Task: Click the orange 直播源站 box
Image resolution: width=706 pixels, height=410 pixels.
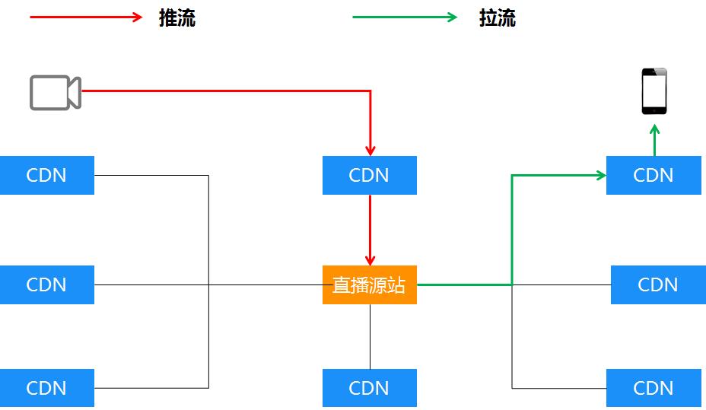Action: click(370, 284)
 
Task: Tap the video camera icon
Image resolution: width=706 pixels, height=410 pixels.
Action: click(56, 92)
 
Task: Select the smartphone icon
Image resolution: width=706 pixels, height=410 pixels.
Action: click(654, 91)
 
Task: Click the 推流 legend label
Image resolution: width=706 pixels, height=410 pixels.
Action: click(177, 18)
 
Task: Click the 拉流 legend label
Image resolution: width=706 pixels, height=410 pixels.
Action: click(498, 18)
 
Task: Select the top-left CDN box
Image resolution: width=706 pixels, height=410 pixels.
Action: click(46, 175)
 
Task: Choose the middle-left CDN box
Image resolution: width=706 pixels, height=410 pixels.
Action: click(46, 284)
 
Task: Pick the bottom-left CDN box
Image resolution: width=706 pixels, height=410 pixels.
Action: click(46, 388)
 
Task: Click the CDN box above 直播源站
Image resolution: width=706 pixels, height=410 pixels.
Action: click(370, 175)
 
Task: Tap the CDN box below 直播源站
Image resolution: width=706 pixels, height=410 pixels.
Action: click(370, 388)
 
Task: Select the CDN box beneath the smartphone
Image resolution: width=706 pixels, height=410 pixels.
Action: click(654, 175)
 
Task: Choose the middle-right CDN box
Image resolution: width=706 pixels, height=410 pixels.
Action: click(658, 284)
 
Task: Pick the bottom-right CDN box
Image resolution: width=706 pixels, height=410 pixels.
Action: click(654, 388)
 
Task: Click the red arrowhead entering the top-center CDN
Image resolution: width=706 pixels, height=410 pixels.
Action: click(370, 151)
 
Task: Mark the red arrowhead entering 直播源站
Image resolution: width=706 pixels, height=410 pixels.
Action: click(370, 259)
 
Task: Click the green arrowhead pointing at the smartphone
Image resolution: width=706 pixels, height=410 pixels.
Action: click(654, 129)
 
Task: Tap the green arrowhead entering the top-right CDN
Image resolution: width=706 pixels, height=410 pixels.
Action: click(600, 176)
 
